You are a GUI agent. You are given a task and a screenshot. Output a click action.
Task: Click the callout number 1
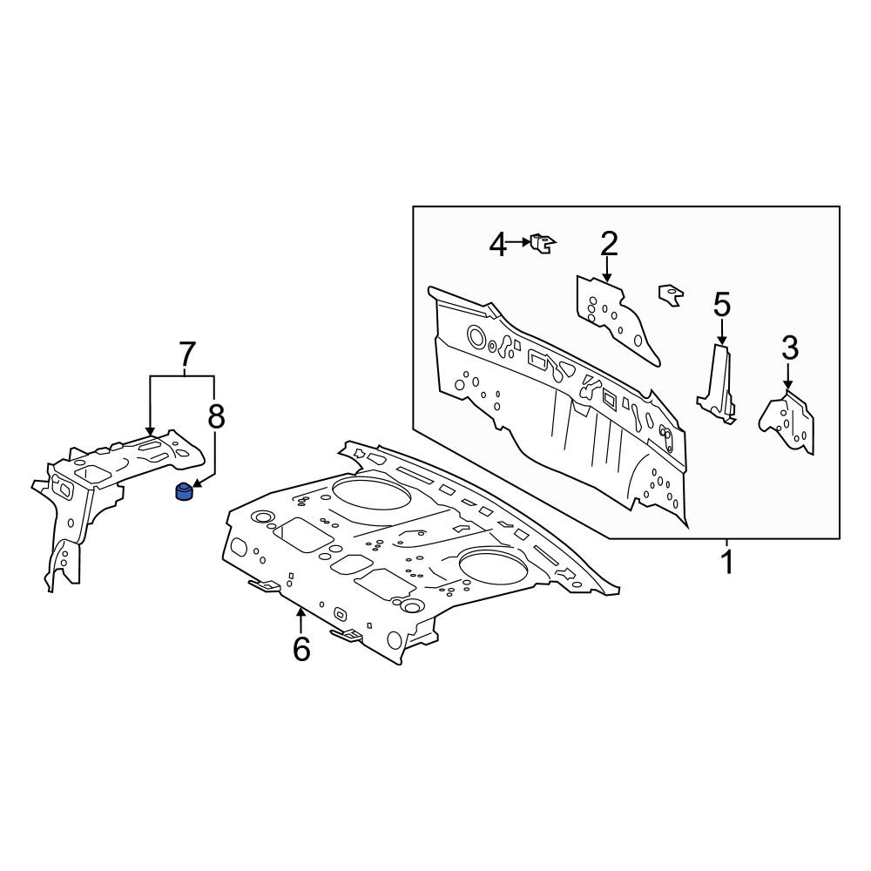pyautogui.click(x=726, y=562)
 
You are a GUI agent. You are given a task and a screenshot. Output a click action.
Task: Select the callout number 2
pyautogui.click(x=609, y=244)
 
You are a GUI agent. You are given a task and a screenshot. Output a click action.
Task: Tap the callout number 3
pyautogui.click(x=790, y=348)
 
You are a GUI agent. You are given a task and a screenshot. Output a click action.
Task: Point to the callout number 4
pyautogui.click(x=497, y=245)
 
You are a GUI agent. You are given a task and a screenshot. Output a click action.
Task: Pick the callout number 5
pyautogui.click(x=721, y=305)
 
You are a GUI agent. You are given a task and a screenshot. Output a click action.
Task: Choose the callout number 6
pyautogui.click(x=301, y=649)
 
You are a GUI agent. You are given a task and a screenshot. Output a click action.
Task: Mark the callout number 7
pyautogui.click(x=186, y=354)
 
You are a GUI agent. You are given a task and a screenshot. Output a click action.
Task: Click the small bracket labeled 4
pyautogui.click(x=543, y=243)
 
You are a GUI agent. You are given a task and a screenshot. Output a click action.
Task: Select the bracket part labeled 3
pyautogui.click(x=787, y=423)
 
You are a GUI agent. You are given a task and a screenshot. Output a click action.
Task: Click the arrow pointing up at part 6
pyautogui.click(x=301, y=621)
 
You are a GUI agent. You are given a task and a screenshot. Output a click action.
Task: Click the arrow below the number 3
pyautogui.click(x=787, y=375)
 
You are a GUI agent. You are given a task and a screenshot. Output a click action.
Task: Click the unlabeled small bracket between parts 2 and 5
pyautogui.click(x=671, y=294)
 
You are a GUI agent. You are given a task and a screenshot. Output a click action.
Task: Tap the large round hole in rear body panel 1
pyautogui.click(x=476, y=336)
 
